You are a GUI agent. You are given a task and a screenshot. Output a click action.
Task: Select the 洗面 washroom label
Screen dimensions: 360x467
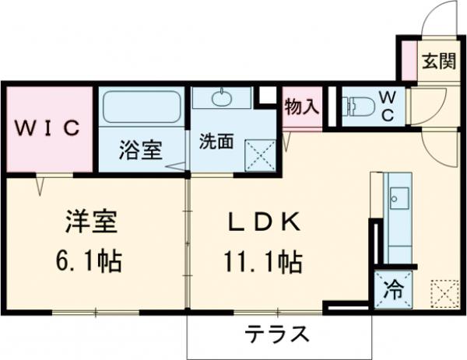click(x=216, y=142)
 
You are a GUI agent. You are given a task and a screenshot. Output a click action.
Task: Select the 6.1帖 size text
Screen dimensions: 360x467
click(x=90, y=260)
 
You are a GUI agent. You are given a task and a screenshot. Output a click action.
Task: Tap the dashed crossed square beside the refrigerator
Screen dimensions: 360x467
click(x=441, y=293)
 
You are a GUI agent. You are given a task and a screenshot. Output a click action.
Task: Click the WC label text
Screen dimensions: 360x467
click(x=388, y=106)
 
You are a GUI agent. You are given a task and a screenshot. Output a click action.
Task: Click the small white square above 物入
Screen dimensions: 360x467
click(x=267, y=95)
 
